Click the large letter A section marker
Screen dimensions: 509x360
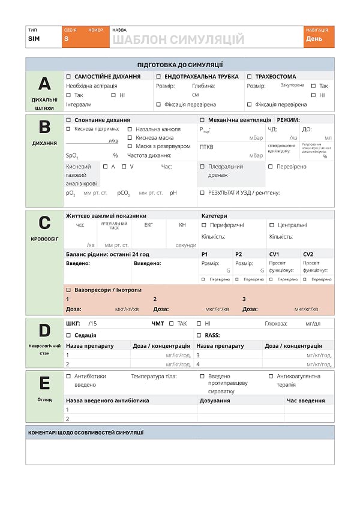(44, 83)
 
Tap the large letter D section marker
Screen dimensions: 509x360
(44, 330)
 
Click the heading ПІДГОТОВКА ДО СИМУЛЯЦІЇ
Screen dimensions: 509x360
(180, 64)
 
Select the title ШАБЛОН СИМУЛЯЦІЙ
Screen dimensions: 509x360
(178, 40)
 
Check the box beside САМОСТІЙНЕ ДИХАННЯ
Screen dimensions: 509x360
(68, 77)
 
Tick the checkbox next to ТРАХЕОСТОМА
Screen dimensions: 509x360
(250, 77)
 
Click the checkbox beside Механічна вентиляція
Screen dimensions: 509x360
(202, 120)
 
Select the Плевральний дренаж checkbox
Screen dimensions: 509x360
(202, 167)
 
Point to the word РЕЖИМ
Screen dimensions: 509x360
(288, 120)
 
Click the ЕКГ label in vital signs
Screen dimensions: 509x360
(149, 225)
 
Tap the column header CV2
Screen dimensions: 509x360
(308, 254)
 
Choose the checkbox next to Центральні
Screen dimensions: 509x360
(272, 225)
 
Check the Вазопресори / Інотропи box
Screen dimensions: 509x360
(68, 290)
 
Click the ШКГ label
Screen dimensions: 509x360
(72, 324)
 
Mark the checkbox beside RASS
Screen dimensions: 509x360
(199, 335)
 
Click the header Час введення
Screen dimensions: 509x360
(305, 400)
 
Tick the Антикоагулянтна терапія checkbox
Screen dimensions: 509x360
(271, 377)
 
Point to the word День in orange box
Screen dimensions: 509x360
(314, 39)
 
